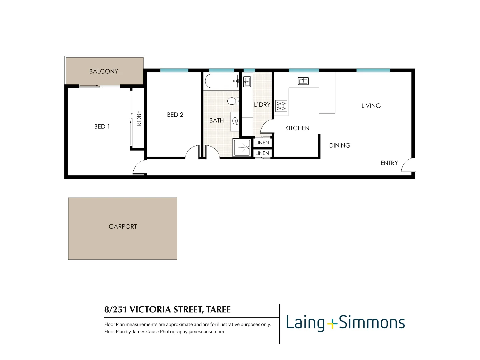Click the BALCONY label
point(103,71)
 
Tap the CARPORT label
point(123,227)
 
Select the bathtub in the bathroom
point(221,81)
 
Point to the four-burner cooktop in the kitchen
point(281,106)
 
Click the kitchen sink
point(303,81)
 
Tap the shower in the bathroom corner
point(242,148)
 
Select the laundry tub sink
point(247,81)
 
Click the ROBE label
point(139,118)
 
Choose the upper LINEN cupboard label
point(262,143)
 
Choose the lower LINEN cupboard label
point(262,153)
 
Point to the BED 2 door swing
point(193,152)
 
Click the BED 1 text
point(102,127)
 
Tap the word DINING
point(339,146)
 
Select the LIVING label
point(371,106)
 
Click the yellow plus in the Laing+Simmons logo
point(332,324)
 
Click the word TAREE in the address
point(218,310)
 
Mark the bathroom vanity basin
point(235,121)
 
